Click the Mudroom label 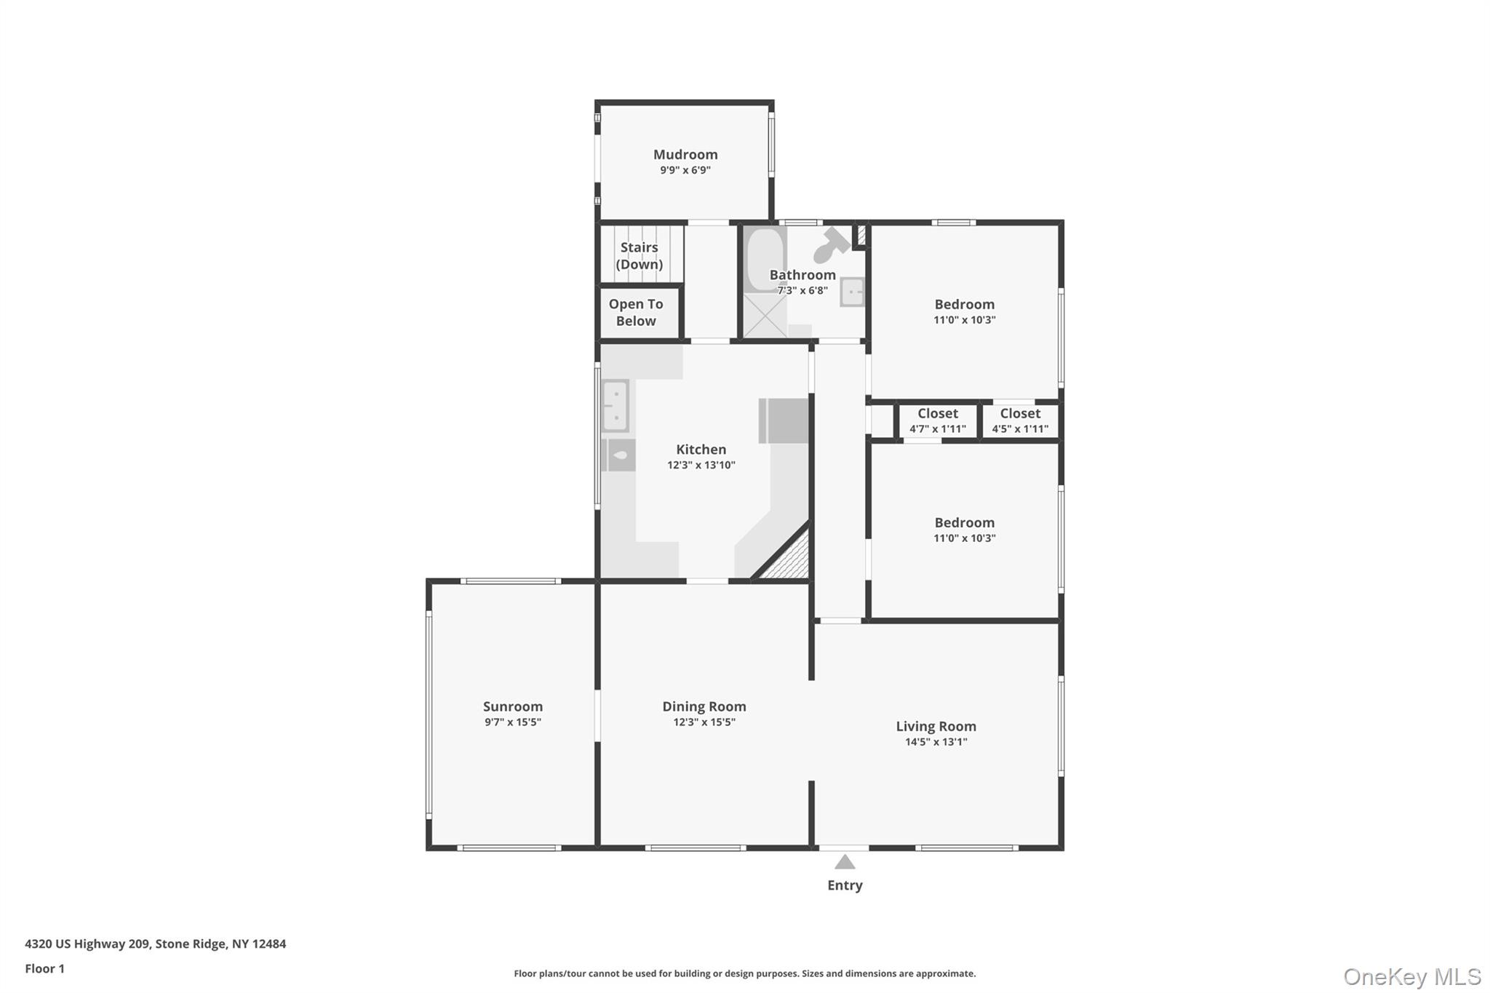coord(685,154)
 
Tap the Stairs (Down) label coord(639,255)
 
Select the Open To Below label coord(636,312)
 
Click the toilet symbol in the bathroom coord(829,246)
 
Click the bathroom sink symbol coord(853,292)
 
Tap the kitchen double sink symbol coord(615,406)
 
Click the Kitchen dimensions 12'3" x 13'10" coord(701,465)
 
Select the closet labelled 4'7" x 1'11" coord(937,420)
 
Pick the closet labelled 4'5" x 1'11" coord(1020,420)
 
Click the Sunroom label coord(512,706)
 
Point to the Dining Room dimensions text coord(704,722)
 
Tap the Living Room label coord(936,726)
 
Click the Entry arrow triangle coord(844,863)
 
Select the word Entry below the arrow coord(844,885)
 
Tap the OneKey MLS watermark coord(1411,976)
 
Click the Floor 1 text coord(44,968)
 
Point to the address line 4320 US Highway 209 coord(155,944)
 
